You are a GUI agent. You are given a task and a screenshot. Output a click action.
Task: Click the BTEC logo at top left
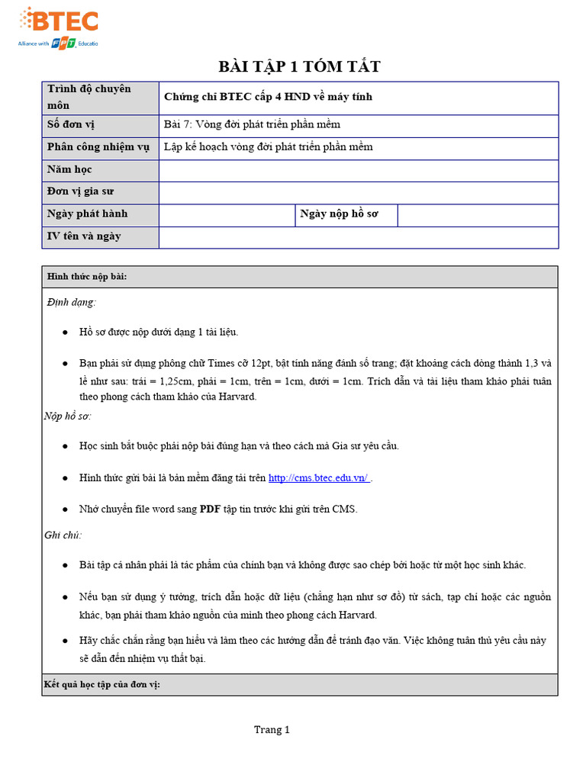[x=58, y=27]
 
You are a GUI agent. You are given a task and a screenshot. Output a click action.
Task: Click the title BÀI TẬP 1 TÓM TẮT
[x=299, y=67]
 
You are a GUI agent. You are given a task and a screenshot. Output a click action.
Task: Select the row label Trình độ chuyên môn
[x=89, y=97]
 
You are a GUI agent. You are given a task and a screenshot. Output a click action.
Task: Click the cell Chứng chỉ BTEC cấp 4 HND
[x=268, y=97]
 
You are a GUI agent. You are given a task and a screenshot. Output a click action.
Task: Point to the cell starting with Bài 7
[x=252, y=124]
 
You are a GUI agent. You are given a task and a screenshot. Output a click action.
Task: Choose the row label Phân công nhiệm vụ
[x=98, y=147]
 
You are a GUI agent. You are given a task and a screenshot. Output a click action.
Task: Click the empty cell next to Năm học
[x=358, y=170]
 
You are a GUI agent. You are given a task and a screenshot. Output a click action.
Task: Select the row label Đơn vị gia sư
[x=81, y=191]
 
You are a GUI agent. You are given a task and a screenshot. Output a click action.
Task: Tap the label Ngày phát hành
[x=88, y=214]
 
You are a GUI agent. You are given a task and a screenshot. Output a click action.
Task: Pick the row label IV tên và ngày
[x=84, y=236]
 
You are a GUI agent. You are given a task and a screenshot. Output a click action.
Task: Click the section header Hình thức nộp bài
[x=87, y=277]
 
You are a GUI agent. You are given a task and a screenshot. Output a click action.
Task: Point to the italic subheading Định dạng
[x=72, y=303]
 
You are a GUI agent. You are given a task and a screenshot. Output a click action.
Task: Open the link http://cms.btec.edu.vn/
[x=319, y=478]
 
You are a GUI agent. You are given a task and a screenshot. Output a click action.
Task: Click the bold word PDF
[x=210, y=509]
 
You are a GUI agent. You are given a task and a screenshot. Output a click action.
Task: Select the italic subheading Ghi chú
[x=63, y=535]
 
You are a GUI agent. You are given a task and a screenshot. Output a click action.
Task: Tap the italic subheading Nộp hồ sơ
[x=68, y=416]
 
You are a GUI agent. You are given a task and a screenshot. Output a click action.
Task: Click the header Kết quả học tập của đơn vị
[x=101, y=685]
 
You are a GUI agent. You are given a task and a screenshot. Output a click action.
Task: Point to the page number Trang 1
[x=272, y=730]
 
